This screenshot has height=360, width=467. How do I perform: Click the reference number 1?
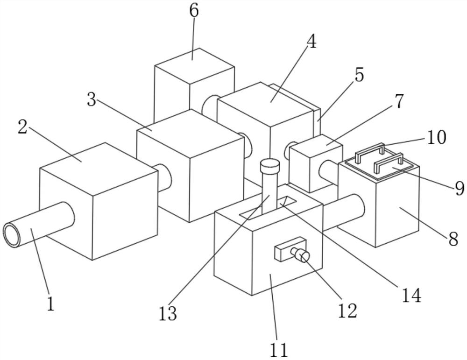[x=50, y=304]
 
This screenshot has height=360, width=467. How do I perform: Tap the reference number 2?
[x=22, y=127]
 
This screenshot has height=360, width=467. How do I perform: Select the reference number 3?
[x=92, y=99]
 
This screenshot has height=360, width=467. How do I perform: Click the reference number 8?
[x=453, y=239]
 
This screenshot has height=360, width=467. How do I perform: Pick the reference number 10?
[x=436, y=137]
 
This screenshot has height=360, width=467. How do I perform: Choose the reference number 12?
[x=348, y=310]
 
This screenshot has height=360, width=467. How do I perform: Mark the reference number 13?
[x=168, y=314]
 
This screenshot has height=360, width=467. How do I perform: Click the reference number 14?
[x=411, y=295]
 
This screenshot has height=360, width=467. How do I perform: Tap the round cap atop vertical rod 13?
[x=269, y=166]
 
